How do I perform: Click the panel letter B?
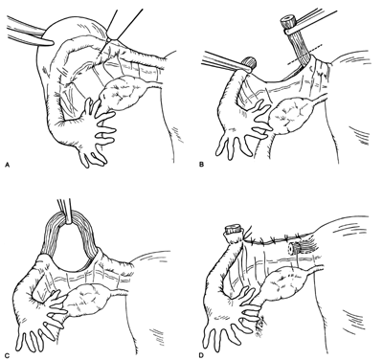coord(201,165)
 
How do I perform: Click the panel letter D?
coord(201,353)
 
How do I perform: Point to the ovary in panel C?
coord(86,300)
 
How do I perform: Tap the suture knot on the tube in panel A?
coord(109,39)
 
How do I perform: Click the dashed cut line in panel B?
coord(304,54)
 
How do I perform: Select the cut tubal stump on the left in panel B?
coord(250,62)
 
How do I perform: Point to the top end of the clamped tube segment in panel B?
coord(287,19)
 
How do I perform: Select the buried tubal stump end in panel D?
coord(294,248)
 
